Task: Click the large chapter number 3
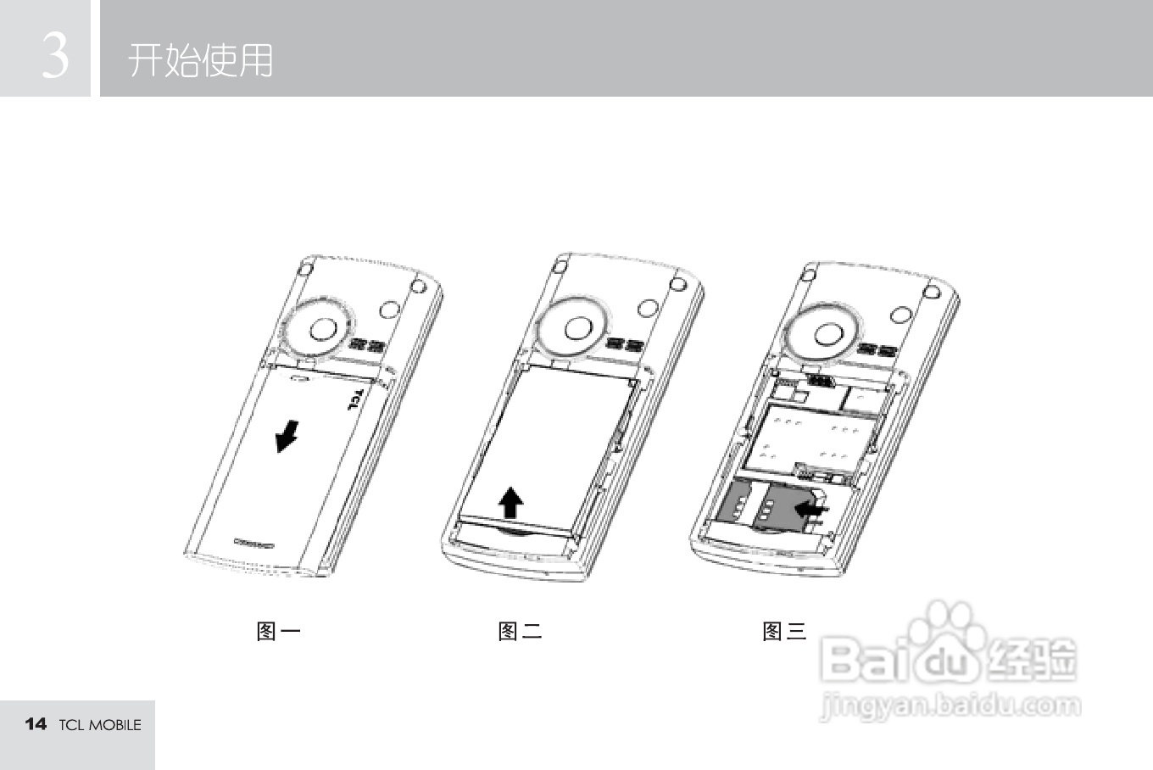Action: tap(54, 56)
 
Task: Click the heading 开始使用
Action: tap(201, 60)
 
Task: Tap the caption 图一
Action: tap(278, 631)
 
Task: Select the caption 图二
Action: tap(520, 631)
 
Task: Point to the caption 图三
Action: tap(784, 631)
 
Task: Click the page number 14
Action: tap(36, 723)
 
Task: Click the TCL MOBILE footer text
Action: tap(100, 725)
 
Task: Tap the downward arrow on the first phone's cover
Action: tap(287, 437)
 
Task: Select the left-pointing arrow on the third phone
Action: tap(811, 511)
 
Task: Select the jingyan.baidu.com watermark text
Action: tap(950, 706)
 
